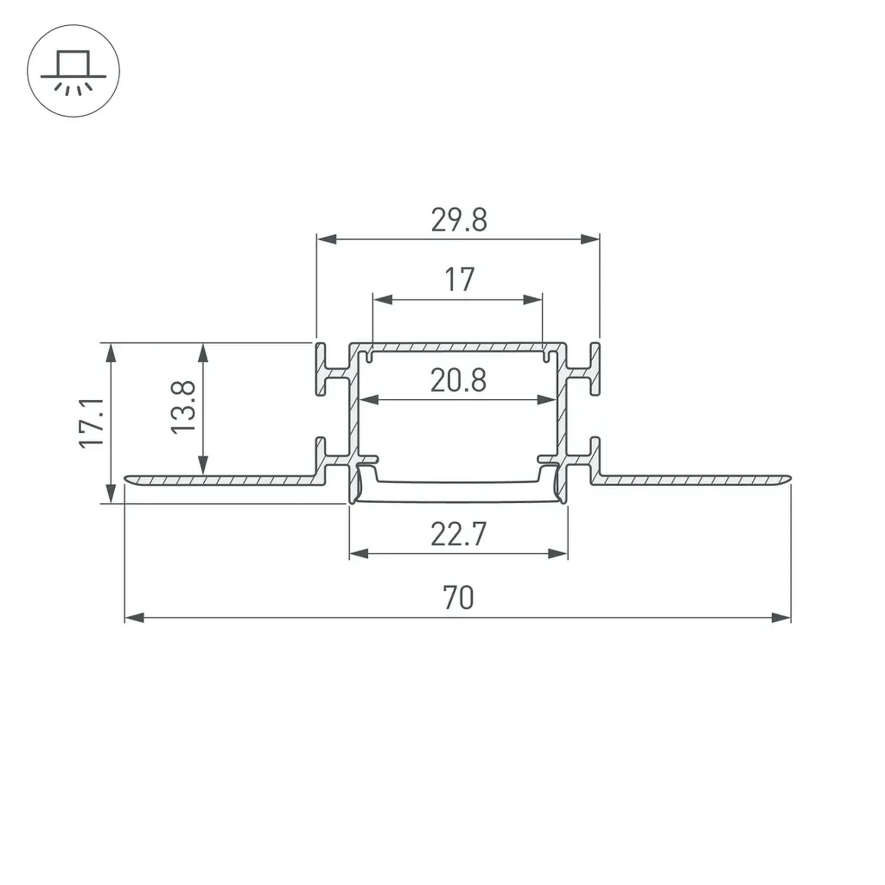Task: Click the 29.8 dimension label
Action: [x=458, y=220]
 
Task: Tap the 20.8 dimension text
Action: [x=458, y=381]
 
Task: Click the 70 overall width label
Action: [x=458, y=597]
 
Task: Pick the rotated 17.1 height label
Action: [x=92, y=423]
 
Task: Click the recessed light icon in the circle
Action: [x=74, y=71]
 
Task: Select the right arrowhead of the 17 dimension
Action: [x=533, y=299]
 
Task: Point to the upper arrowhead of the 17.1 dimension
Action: [x=111, y=353]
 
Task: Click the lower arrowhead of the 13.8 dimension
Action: [x=203, y=465]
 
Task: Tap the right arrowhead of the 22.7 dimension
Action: [x=558, y=554]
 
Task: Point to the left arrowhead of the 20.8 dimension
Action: [x=369, y=400]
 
